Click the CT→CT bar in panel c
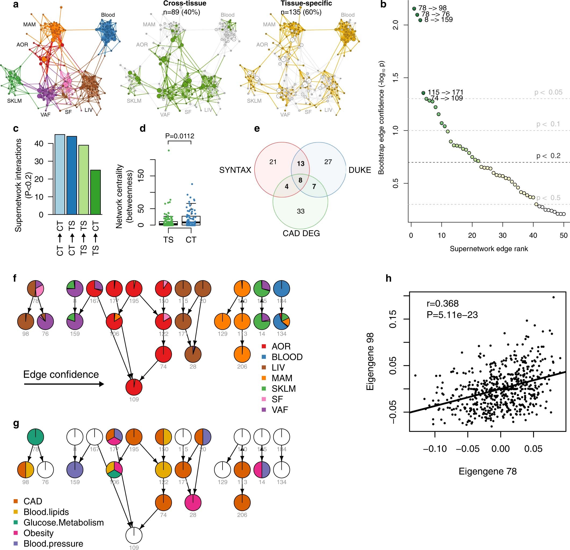tap(60, 175)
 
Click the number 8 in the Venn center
tap(300, 180)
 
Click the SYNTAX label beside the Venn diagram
tap(235, 170)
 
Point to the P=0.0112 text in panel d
tap(180, 136)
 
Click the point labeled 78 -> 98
tap(414, 8)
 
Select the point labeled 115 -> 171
tap(423, 93)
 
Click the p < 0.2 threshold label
tap(548, 156)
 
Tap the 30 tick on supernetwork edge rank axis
tap(503, 235)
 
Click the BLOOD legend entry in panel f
tap(287, 357)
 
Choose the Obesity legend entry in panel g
tap(38, 533)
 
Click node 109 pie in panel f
tap(134, 387)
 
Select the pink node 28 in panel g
tap(193, 502)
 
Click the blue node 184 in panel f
tap(282, 288)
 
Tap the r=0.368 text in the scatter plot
tap(442, 304)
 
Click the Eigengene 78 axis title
tap(487, 471)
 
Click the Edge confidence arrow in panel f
tap(64, 384)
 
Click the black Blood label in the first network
tap(108, 15)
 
